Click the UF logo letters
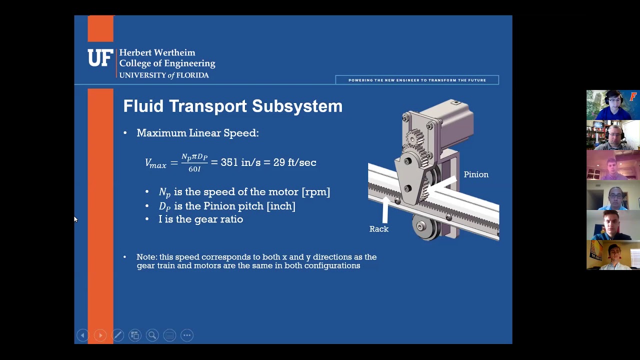(100, 58)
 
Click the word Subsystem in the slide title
(297, 106)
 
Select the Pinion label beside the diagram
(475, 174)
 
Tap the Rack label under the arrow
(378, 229)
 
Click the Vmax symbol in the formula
(155, 163)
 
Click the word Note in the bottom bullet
(146, 257)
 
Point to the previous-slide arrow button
(83, 335)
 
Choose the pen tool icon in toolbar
(117, 335)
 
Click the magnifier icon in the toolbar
(152, 335)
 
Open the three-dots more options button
(187, 335)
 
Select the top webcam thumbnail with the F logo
(612, 105)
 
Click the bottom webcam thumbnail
(612, 255)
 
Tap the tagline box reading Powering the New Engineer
(417, 80)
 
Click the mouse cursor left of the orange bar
(75, 219)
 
